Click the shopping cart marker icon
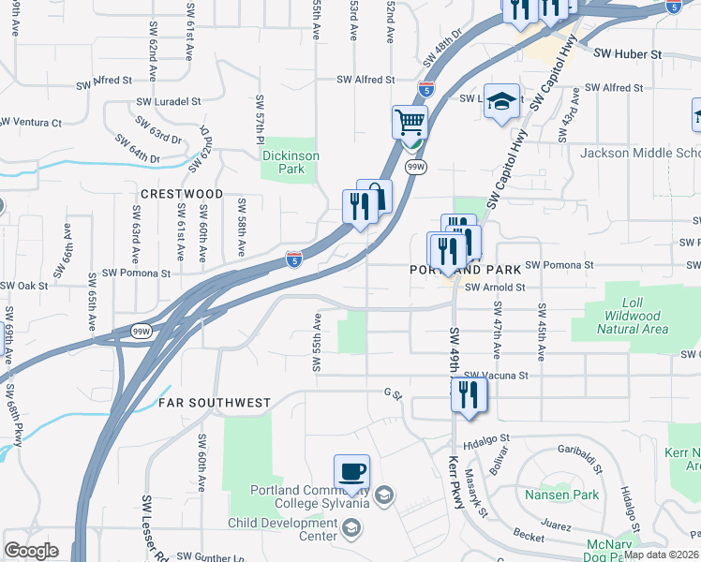[x=410, y=122]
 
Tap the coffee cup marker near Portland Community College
[x=351, y=471]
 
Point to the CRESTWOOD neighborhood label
[x=182, y=194]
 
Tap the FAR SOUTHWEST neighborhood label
[x=214, y=403]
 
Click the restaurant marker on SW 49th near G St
[x=470, y=394]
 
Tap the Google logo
[x=31, y=551]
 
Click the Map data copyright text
[x=661, y=555]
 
